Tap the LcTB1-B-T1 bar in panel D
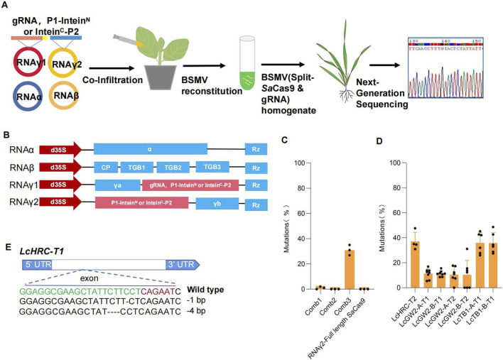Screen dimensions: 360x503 (x=492, y=264)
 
